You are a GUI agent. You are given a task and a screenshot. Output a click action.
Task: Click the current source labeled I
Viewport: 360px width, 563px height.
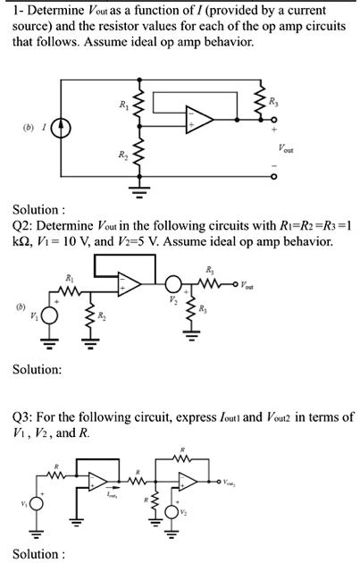click(62, 128)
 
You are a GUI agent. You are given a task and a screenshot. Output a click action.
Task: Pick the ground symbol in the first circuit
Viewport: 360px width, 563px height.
click(137, 189)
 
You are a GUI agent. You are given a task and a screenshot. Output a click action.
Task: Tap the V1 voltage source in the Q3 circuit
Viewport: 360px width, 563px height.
click(38, 502)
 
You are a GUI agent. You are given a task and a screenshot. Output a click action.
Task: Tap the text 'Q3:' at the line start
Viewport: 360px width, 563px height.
click(23, 418)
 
